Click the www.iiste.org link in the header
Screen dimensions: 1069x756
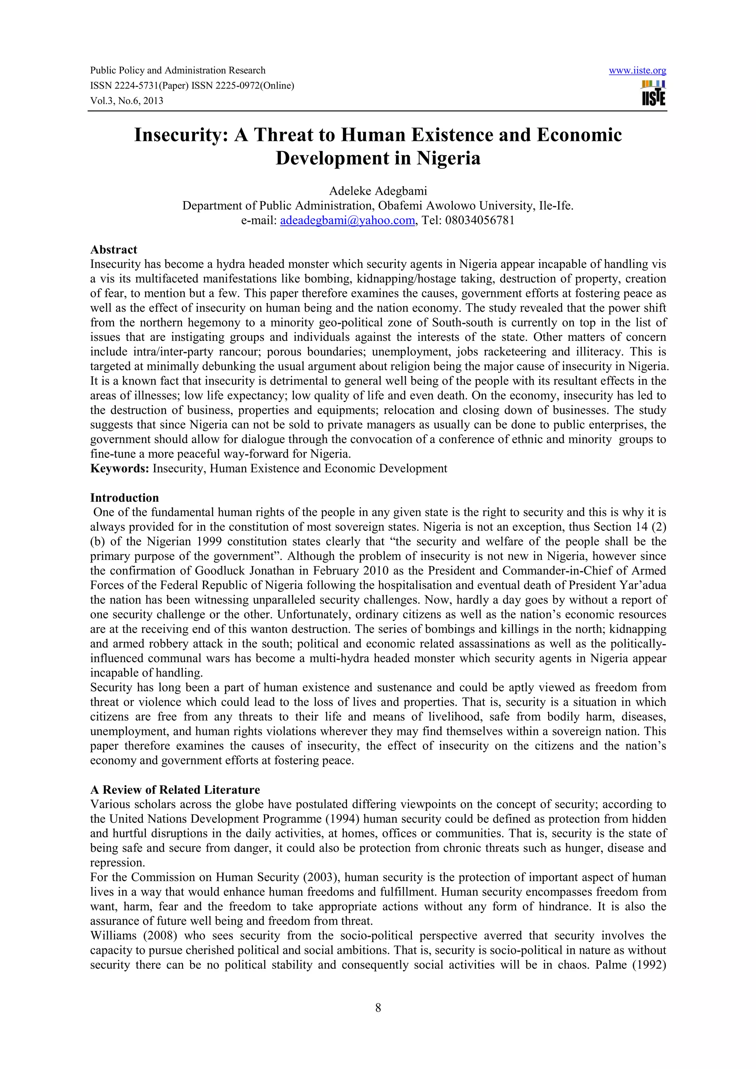click(637, 71)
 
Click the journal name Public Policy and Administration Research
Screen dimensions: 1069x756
click(178, 70)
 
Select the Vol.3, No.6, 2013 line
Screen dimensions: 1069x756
click(127, 101)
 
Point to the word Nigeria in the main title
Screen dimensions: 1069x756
click(448, 158)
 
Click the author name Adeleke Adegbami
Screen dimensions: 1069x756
click(378, 191)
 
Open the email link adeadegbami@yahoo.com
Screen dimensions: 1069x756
click(347, 221)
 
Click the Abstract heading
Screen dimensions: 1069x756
click(114, 250)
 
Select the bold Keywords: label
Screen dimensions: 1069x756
click(119, 469)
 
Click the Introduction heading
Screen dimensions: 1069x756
click(124, 498)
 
